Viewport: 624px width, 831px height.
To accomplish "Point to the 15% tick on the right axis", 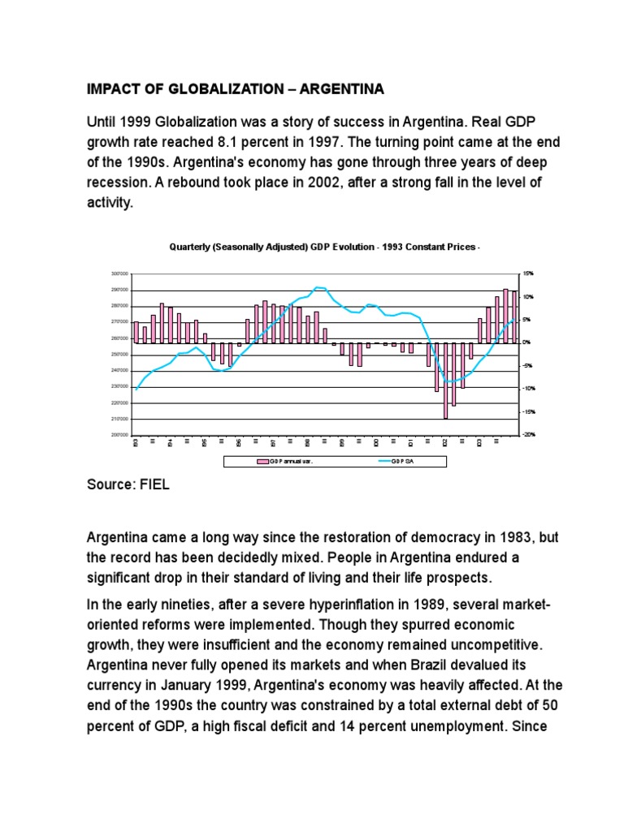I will click(x=529, y=274).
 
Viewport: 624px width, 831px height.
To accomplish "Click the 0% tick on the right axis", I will click(x=527, y=342).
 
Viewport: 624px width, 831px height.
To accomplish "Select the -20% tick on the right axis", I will click(x=529, y=435).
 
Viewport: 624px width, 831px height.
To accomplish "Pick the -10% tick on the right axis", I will click(x=529, y=389).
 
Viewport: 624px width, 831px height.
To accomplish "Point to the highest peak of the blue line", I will click(x=318, y=287).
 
